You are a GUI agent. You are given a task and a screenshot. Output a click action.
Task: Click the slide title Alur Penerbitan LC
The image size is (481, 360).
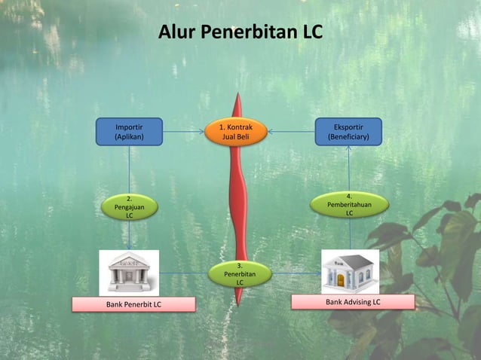[x=240, y=33]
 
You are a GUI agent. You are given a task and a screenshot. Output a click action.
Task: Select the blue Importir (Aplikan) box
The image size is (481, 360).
[x=129, y=132]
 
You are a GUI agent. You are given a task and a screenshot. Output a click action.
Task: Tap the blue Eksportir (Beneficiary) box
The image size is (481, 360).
[x=348, y=132]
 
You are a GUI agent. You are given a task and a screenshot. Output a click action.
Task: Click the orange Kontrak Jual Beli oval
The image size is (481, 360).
[x=236, y=132]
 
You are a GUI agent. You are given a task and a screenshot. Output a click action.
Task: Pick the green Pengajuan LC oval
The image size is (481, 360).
[x=130, y=206]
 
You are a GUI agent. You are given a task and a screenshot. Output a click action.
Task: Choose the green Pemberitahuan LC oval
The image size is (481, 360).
[x=349, y=204]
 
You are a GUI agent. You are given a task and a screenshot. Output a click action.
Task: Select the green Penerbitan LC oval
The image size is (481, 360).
[x=240, y=274]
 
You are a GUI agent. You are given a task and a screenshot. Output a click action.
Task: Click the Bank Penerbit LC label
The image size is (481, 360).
[x=133, y=304]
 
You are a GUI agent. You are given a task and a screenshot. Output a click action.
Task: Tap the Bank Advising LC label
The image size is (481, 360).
[x=353, y=302]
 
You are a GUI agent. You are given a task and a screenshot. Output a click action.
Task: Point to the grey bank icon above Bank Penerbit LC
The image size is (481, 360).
[x=129, y=272]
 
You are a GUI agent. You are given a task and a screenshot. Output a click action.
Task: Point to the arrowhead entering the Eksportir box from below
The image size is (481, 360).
[x=349, y=148]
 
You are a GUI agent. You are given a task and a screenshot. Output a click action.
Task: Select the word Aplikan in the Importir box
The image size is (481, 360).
[x=129, y=138]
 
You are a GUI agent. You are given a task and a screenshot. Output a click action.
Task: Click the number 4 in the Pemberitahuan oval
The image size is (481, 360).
[x=349, y=196]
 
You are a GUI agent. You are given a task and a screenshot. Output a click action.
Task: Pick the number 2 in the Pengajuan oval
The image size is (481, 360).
[x=130, y=197]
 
